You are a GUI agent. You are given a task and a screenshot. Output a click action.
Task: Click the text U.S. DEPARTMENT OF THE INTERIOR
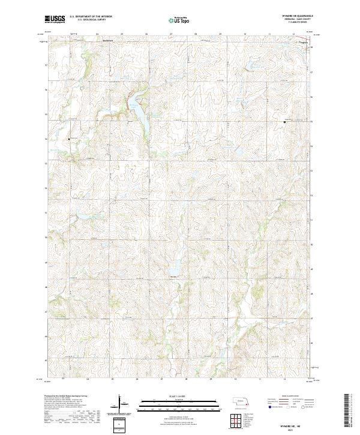91,17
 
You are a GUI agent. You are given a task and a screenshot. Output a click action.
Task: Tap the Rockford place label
108,41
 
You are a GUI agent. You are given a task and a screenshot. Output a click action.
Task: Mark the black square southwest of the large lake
68,139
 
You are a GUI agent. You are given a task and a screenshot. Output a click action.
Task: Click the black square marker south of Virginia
284,122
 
